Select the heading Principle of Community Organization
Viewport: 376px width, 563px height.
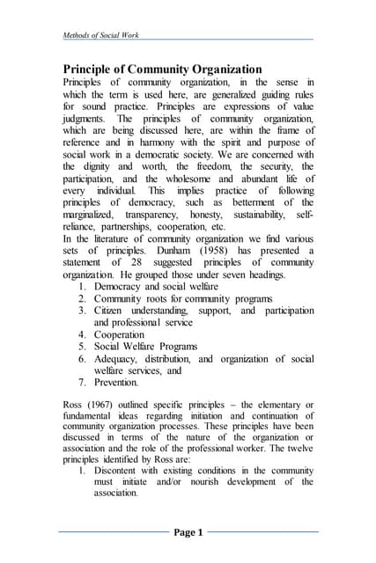click(162, 69)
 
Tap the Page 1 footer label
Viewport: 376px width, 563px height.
click(188, 532)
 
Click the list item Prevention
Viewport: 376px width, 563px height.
click(116, 383)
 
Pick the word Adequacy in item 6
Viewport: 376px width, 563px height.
click(120, 359)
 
